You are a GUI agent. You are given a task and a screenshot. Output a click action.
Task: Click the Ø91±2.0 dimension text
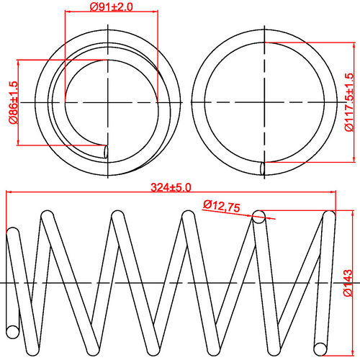click(112, 7)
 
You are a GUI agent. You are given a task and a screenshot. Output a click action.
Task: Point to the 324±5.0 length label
click(171, 187)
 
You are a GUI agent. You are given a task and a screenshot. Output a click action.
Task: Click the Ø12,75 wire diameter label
click(221, 207)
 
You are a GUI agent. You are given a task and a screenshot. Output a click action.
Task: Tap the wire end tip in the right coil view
click(263, 168)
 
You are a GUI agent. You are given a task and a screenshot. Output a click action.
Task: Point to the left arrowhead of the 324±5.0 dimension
click(9, 193)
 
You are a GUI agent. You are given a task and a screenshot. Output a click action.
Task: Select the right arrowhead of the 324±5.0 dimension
click(333, 193)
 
